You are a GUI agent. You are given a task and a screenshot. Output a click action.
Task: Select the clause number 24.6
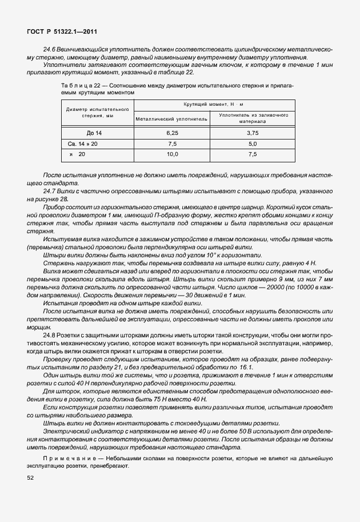[50, 50]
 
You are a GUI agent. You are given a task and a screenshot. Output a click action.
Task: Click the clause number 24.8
[50, 333]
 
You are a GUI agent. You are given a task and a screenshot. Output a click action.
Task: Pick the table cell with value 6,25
[172, 132]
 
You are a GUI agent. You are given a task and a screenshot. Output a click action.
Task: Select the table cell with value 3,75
[252, 132]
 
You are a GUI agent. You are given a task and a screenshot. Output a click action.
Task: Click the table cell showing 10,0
[172, 154]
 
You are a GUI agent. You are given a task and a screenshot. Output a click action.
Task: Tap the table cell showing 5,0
[252, 143]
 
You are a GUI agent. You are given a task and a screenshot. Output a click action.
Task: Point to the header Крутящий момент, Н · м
[213, 105]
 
